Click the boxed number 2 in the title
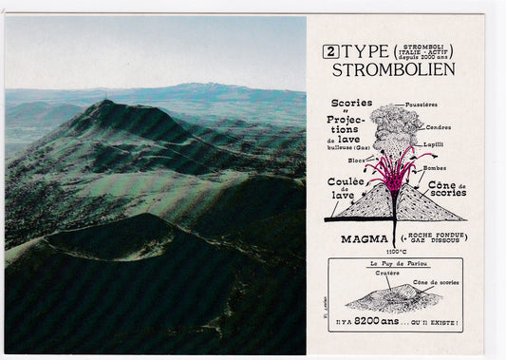(x=330, y=52)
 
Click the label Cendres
(x=439, y=127)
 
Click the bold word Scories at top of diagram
(x=351, y=103)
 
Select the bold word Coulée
(x=347, y=181)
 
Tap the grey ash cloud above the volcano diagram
(x=395, y=125)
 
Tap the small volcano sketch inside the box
(x=389, y=299)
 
